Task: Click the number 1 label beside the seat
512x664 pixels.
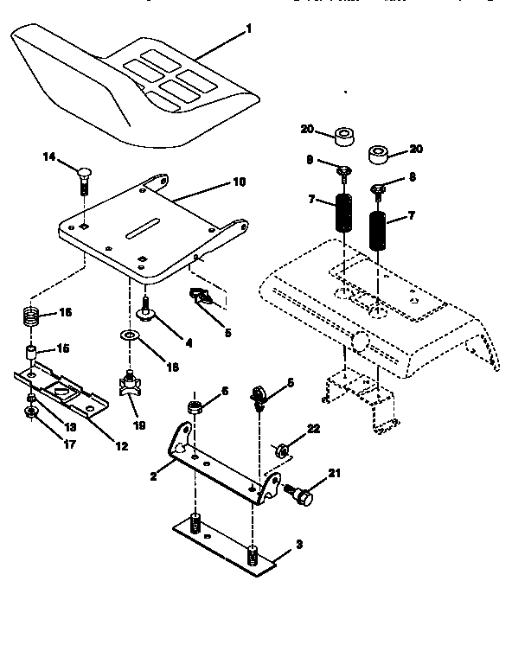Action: point(249,29)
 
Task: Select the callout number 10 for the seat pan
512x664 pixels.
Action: point(240,182)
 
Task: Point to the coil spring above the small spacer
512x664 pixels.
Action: point(29,318)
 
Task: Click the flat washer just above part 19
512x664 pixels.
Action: point(130,334)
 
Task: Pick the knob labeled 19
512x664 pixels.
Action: point(131,385)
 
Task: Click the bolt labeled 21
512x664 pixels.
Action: point(302,495)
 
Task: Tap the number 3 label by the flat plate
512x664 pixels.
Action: point(299,545)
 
